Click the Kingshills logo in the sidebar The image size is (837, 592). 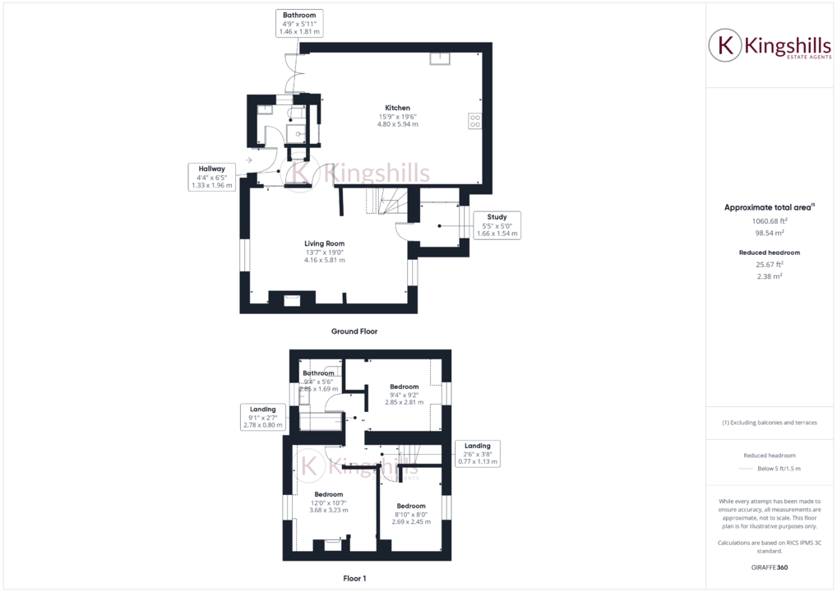tap(770, 46)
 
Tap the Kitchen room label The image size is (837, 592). tap(398, 116)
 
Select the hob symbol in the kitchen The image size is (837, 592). tap(474, 121)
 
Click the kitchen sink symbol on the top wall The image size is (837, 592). tap(439, 58)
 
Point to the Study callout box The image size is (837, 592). tap(497, 225)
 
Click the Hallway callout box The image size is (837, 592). tap(211, 177)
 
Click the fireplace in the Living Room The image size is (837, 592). tap(291, 300)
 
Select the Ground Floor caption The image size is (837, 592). tap(354, 331)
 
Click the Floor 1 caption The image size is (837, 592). tap(354, 578)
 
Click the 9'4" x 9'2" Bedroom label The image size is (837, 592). tap(404, 395)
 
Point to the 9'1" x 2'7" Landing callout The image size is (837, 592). tap(263, 417)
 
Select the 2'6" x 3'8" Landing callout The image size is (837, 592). tap(477, 454)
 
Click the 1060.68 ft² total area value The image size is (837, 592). tap(770, 220)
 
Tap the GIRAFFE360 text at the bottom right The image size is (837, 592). tap(770, 567)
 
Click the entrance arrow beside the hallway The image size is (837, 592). tap(249, 160)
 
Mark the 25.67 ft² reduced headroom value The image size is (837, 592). tap(770, 265)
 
